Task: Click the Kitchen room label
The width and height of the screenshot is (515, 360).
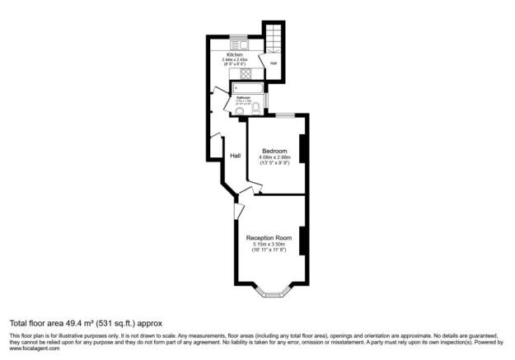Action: tap(235, 54)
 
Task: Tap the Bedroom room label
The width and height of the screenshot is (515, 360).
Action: tap(274, 151)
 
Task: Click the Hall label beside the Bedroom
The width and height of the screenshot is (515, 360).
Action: tap(235, 155)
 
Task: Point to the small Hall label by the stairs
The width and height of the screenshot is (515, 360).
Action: tap(273, 63)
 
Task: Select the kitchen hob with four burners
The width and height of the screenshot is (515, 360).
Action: tap(245, 73)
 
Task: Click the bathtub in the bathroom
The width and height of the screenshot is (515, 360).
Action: tap(249, 88)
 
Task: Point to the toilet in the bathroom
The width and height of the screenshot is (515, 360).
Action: tap(258, 107)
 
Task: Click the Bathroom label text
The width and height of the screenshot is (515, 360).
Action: tap(244, 96)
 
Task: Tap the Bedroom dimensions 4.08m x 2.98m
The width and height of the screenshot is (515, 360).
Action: tap(274, 157)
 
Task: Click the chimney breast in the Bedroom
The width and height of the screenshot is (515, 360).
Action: tap(304, 148)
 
